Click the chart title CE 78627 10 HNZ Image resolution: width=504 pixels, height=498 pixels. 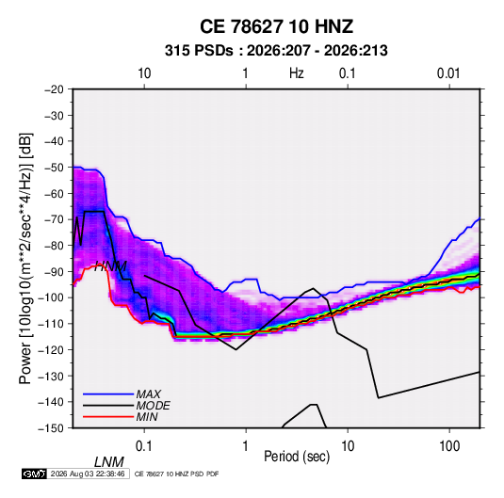(276, 26)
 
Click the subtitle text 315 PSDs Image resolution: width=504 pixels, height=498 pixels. (199, 51)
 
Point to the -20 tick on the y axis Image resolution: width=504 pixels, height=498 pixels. (54, 89)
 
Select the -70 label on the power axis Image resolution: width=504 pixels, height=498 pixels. (54, 219)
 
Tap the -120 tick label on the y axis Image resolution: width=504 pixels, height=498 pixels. (52, 349)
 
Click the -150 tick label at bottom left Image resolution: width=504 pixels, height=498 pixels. (52, 428)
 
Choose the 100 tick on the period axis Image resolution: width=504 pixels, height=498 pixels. (449, 446)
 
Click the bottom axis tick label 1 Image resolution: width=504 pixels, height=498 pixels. (246, 446)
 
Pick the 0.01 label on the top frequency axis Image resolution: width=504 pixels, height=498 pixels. (448, 73)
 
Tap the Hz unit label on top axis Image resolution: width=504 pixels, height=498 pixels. (297, 73)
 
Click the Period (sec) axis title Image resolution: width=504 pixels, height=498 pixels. (297, 457)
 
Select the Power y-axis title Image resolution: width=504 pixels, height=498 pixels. (25, 259)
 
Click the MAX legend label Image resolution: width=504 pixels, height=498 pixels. (148, 394)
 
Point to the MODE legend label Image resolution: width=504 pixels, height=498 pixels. (153, 406)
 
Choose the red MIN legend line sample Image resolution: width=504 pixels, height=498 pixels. (108, 417)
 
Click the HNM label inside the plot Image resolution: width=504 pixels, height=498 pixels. (110, 266)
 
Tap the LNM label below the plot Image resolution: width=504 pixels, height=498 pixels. (108, 462)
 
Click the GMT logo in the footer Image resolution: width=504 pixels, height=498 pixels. (34, 474)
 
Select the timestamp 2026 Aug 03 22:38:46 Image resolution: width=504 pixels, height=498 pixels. (88, 474)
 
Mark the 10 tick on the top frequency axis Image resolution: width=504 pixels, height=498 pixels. (144, 73)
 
